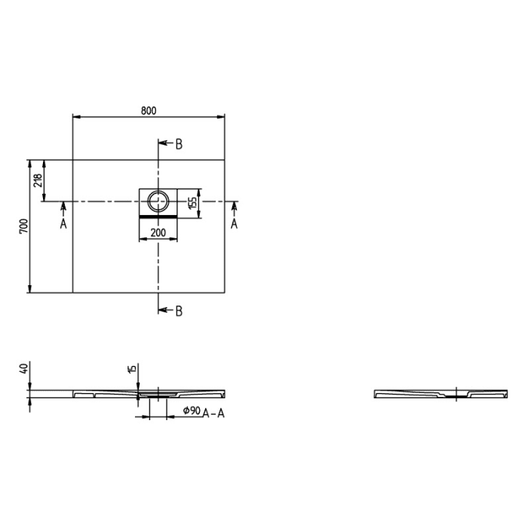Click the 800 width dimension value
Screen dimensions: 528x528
[149, 111]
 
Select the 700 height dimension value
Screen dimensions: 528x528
[23, 226]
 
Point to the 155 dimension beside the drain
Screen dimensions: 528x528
[193, 202]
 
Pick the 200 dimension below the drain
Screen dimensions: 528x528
[158, 233]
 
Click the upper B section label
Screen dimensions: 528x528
[179, 145]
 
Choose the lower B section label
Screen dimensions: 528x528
[179, 310]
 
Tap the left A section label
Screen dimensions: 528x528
[63, 224]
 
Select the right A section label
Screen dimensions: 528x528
[234, 224]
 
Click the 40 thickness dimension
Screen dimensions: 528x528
[23, 369]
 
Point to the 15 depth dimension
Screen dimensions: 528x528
[133, 369]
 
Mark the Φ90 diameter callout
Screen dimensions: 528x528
[191, 411]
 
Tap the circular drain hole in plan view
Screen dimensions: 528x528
[158, 201]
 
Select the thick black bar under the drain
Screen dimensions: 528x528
[158, 216]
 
